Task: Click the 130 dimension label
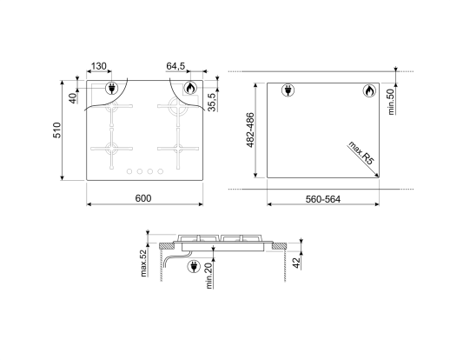(99, 66)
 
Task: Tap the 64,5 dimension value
(175, 66)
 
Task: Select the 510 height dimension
(57, 130)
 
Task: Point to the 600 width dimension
(143, 198)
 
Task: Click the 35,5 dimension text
(212, 102)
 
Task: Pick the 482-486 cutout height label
(250, 130)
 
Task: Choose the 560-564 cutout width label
(323, 199)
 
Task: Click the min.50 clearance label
(391, 102)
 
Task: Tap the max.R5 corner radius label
(361, 153)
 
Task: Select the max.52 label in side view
(143, 263)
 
